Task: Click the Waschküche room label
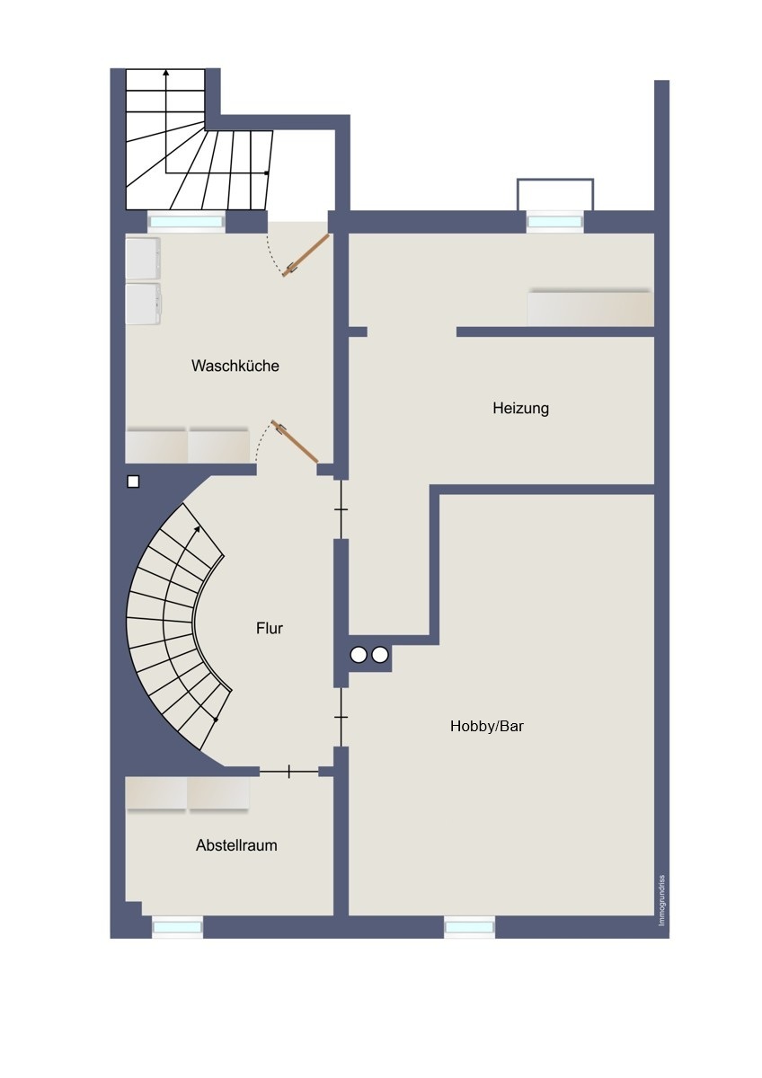[x=235, y=366]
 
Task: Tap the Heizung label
[x=520, y=408]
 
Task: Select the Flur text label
[x=269, y=628]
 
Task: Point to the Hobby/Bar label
[x=486, y=726]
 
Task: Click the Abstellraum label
[x=236, y=845]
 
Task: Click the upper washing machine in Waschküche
[x=143, y=258]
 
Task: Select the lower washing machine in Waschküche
[x=143, y=304]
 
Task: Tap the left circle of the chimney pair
[x=359, y=655]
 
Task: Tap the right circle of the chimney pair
[x=380, y=655]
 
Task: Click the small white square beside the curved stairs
[x=133, y=482]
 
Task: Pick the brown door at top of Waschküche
[x=306, y=254]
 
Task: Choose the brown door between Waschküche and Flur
[x=296, y=442]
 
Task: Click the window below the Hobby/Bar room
[x=469, y=927]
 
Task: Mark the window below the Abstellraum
[x=177, y=927]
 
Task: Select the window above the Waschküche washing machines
[x=186, y=222]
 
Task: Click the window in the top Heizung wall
[x=554, y=221]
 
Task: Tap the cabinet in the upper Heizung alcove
[x=589, y=308]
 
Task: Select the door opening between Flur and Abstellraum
[x=288, y=771]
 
